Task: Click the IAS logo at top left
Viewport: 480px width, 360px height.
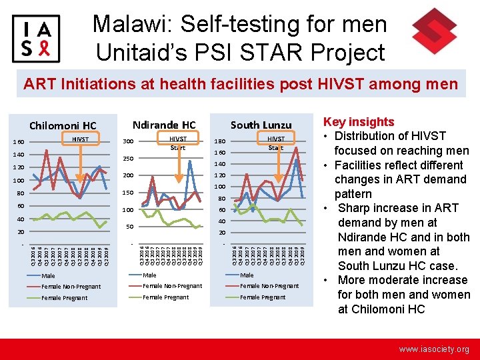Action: click(x=36, y=37)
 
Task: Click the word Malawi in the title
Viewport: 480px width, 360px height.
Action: click(x=131, y=24)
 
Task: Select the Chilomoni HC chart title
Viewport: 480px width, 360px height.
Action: click(x=63, y=125)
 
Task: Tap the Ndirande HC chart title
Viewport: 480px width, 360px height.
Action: click(x=164, y=125)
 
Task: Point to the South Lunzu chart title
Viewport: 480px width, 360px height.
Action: click(x=261, y=125)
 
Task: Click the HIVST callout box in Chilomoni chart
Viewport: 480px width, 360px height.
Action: click(x=80, y=139)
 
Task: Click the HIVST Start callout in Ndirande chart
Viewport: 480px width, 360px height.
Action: click(x=177, y=143)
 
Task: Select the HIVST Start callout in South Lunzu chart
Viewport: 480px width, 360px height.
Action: click(x=275, y=143)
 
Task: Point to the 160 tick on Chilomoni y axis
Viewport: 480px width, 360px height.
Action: click(x=19, y=141)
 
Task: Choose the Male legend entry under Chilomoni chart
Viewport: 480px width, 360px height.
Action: click(x=49, y=275)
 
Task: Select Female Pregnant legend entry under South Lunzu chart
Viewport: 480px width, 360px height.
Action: click(x=263, y=297)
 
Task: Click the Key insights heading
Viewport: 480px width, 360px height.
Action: click(x=359, y=122)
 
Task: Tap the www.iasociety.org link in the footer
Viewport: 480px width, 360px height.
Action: click(x=434, y=349)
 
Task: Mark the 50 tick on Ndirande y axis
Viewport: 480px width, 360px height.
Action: click(x=129, y=227)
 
